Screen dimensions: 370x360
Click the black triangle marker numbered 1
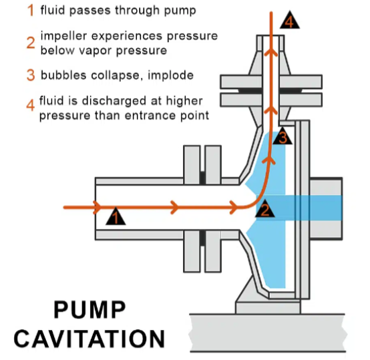[x=116, y=217]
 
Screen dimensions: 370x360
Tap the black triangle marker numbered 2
[x=265, y=210]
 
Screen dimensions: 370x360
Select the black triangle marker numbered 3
[x=283, y=136]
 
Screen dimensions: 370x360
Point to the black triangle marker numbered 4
[x=290, y=21]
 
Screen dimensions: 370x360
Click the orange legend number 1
[x=31, y=11]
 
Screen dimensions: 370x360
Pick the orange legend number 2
[x=31, y=43]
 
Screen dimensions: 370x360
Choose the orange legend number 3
[x=31, y=75]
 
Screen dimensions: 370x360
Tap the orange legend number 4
[x=31, y=105]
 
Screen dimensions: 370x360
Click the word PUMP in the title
[x=89, y=310]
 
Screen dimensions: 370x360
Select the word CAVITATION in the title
[x=89, y=339]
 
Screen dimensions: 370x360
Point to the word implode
[x=170, y=75]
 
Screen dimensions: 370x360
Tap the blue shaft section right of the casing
[x=326, y=208]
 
